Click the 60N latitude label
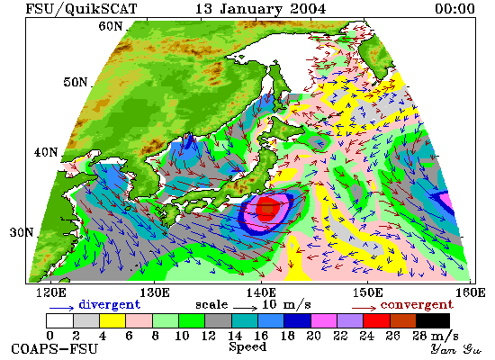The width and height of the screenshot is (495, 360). tap(111, 26)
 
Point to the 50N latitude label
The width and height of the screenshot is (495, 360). tap(76, 82)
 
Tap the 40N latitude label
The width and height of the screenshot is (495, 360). tap(46, 152)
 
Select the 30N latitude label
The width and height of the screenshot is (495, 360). tap(22, 232)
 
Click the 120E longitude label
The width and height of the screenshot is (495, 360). tap(50, 292)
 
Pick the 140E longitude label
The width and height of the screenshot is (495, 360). tap(261, 292)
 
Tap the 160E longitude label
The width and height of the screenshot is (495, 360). tap(470, 292)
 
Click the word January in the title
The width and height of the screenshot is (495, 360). tap(251, 9)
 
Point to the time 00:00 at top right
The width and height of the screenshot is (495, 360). tap(454, 8)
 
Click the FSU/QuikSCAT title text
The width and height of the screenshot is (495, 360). tap(81, 9)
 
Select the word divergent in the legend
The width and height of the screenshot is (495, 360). tap(109, 305)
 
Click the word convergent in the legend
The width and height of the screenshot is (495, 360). tap(417, 305)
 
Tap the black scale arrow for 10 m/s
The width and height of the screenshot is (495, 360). tap(246, 307)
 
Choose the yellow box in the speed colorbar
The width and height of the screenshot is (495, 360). tap(112, 320)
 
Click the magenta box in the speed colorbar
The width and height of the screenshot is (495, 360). tap(324, 320)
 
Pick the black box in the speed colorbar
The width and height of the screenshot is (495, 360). tap(433, 320)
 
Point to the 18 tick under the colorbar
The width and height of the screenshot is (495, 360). tap(287, 336)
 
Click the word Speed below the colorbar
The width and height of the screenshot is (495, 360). tap(247, 347)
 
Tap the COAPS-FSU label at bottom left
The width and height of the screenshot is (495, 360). tap(54, 349)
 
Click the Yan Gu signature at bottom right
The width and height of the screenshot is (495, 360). tap(456, 349)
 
